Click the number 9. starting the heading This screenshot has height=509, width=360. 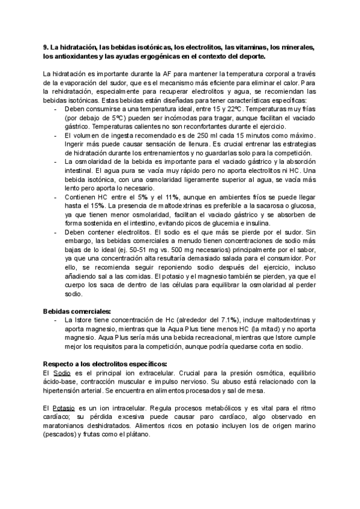click(x=46, y=47)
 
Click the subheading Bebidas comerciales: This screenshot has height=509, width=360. click(x=77, y=312)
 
